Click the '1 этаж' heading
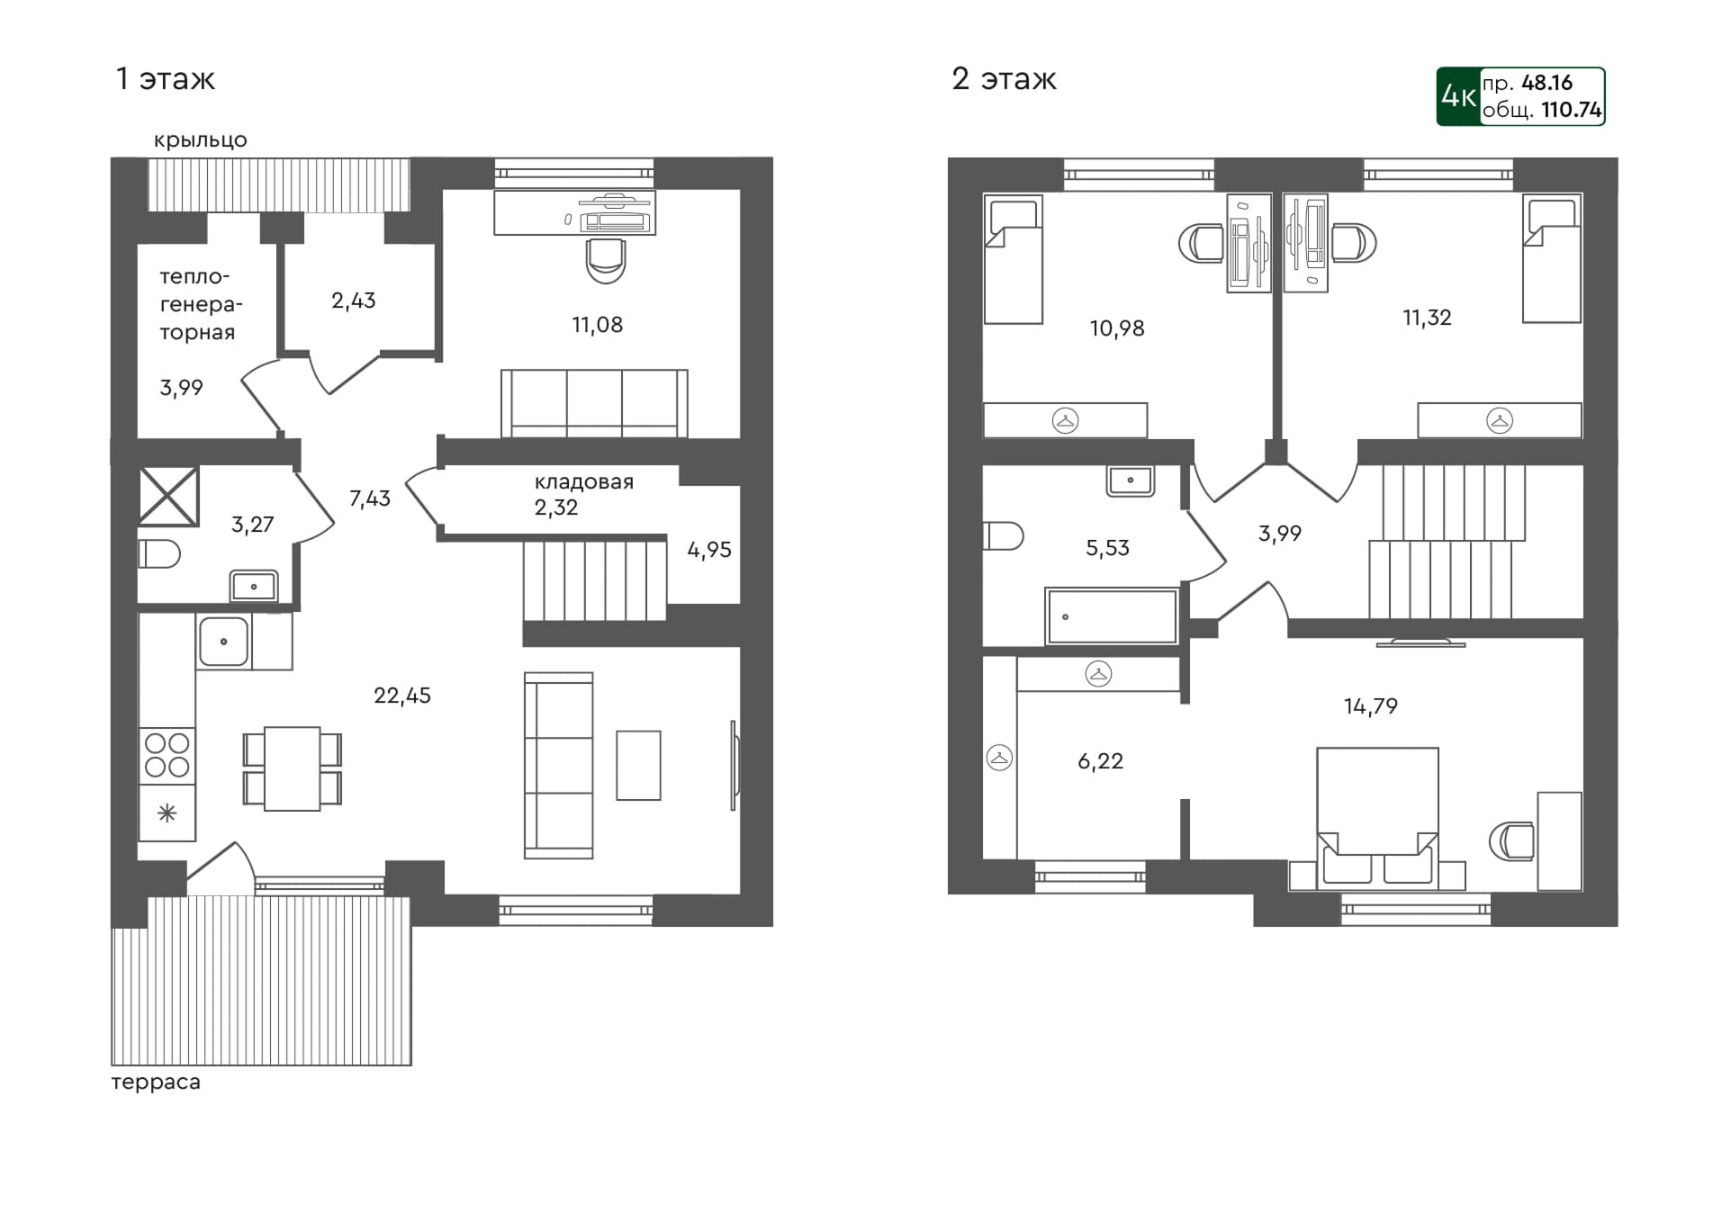coord(165,79)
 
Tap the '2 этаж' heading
coord(1003,79)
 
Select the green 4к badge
coord(1457,96)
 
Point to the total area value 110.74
coord(1571,110)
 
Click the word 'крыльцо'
coord(200,140)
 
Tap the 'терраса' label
coord(156,1082)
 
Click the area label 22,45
coord(401,696)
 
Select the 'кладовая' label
coord(583,482)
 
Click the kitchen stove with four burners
coord(167,755)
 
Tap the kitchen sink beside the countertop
coord(223,642)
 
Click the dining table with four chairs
coord(292,768)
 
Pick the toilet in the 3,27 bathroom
coord(159,553)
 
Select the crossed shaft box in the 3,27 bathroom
coord(168,496)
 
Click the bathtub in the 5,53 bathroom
coord(1112,616)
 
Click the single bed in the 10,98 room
coord(1013,260)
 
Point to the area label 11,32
coord(1426,318)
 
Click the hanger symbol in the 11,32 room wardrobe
coord(1499,420)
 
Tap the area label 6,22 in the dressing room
coord(1100,761)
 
